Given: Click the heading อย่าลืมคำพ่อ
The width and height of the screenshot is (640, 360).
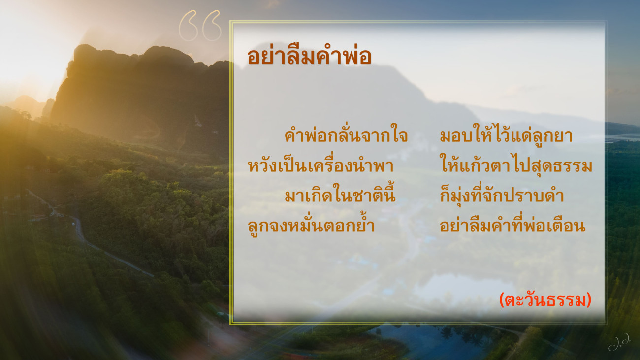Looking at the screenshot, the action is [309, 56].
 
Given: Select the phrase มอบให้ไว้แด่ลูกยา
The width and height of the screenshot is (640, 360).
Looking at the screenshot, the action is [506, 134].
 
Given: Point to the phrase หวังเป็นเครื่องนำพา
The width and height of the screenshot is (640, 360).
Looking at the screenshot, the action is [320, 165].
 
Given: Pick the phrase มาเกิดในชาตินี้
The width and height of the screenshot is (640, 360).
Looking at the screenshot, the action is [340, 195].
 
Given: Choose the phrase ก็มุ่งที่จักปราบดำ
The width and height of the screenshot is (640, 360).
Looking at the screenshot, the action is [502, 195].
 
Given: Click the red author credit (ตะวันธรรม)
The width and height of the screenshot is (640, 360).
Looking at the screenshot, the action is [545, 300].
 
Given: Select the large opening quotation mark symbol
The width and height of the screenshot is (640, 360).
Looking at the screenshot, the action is [200, 26].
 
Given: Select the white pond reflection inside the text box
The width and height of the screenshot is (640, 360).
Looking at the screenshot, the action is [463, 289].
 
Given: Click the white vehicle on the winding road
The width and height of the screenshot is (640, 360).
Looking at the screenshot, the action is [74, 224].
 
